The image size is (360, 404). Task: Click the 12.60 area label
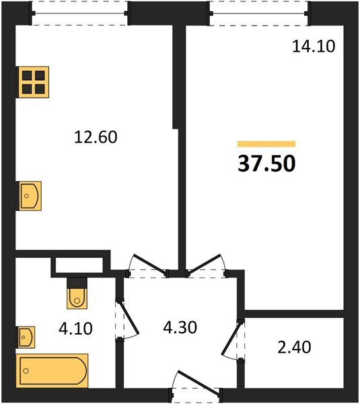pyautogui.click(x=96, y=137)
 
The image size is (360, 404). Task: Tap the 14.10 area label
pyautogui.click(x=314, y=46)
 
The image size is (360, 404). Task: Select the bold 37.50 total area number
pyautogui.click(x=266, y=164)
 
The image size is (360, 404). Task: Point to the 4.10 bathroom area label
pyautogui.click(x=75, y=329)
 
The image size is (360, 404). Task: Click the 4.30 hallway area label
pyautogui.click(x=180, y=327)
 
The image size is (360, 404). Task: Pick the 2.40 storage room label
pyautogui.click(x=294, y=347)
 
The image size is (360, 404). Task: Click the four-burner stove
pyautogui.click(x=32, y=82)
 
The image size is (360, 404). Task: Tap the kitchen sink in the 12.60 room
pyautogui.click(x=29, y=196)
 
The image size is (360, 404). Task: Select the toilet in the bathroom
pyautogui.click(x=77, y=293)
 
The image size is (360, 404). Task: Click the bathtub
pyautogui.click(x=52, y=371)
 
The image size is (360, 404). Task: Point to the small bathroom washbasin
pyautogui.click(x=26, y=337)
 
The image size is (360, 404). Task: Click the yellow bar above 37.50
pyautogui.click(x=266, y=144)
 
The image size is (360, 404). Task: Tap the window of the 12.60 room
pyautogui.click(x=79, y=13)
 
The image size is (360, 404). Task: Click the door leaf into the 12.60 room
pyautogui.click(x=149, y=264)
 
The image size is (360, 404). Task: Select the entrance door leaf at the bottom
pyautogui.click(x=199, y=382)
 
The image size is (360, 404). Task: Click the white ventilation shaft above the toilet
pyautogui.click(x=79, y=265)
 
